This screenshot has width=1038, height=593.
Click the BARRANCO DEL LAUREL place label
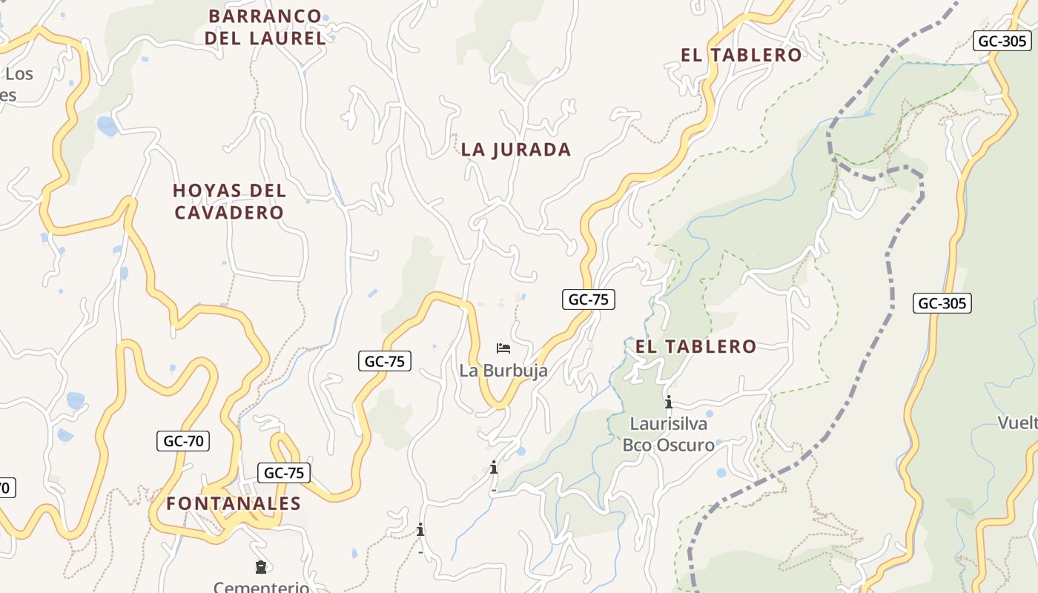click(265, 27)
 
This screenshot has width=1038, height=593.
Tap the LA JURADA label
click(516, 150)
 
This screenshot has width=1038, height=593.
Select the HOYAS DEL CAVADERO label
click(229, 202)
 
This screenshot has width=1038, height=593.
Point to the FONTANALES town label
click(234, 504)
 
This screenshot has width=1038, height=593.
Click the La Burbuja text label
click(503, 371)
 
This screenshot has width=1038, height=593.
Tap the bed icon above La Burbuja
click(503, 348)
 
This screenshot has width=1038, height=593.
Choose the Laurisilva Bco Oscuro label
click(669, 434)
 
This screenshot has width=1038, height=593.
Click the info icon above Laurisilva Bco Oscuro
click(669, 402)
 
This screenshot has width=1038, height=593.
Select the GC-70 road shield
click(183, 441)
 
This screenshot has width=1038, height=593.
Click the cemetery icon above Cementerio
click(260, 567)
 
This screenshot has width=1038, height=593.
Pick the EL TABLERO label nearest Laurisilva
click(695, 346)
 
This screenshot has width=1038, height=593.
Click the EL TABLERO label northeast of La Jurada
click(741, 55)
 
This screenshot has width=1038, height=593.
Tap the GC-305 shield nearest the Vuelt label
click(942, 303)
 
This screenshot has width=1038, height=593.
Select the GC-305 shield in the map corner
click(1002, 41)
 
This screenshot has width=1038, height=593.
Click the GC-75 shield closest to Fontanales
click(284, 473)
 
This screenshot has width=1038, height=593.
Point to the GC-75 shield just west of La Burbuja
click(385, 361)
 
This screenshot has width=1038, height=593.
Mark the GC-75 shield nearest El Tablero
click(588, 299)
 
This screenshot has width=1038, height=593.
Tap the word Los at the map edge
click(19, 74)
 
